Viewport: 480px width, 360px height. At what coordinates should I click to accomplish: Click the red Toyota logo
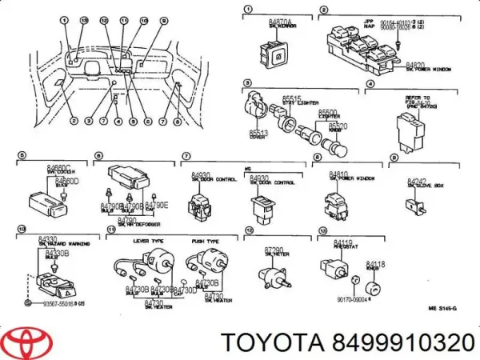click(27, 342)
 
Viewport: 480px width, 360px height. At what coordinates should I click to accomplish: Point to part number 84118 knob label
click(375, 263)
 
